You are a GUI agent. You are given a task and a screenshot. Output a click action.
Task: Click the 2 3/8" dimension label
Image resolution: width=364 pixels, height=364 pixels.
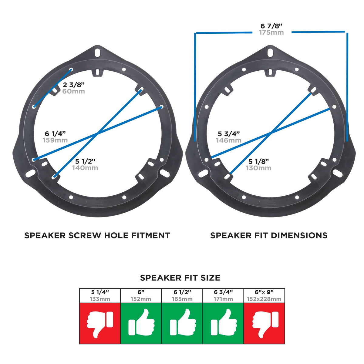point(74,85)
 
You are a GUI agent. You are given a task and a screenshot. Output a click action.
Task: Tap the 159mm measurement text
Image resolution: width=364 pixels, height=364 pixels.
point(55,140)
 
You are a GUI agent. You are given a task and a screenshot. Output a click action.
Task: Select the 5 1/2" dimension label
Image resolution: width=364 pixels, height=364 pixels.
point(85,161)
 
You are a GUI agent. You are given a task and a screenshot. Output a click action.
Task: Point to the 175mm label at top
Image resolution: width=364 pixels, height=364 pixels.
point(271,32)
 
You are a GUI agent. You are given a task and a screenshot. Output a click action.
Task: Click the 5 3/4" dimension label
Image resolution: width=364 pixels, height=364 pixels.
point(229,134)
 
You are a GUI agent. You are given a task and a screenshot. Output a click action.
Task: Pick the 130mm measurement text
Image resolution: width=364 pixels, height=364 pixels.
point(258,168)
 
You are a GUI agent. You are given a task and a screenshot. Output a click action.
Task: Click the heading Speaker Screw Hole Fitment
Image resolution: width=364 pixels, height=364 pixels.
point(97,235)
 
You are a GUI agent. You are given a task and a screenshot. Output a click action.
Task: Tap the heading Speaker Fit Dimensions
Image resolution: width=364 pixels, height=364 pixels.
point(269,235)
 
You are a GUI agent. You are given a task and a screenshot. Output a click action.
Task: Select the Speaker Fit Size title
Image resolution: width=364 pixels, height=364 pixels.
point(180,278)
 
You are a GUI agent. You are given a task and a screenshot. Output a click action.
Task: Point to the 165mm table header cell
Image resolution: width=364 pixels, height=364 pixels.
point(182,296)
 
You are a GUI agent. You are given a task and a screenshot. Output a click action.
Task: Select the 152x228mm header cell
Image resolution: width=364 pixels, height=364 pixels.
point(264,296)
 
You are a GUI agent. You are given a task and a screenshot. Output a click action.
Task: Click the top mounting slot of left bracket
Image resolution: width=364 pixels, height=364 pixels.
point(97,52)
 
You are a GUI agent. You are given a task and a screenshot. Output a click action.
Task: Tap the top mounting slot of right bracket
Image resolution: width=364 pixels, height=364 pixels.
point(270,52)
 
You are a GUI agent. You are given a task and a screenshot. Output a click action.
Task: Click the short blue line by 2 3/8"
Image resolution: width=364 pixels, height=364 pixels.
point(52,88)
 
